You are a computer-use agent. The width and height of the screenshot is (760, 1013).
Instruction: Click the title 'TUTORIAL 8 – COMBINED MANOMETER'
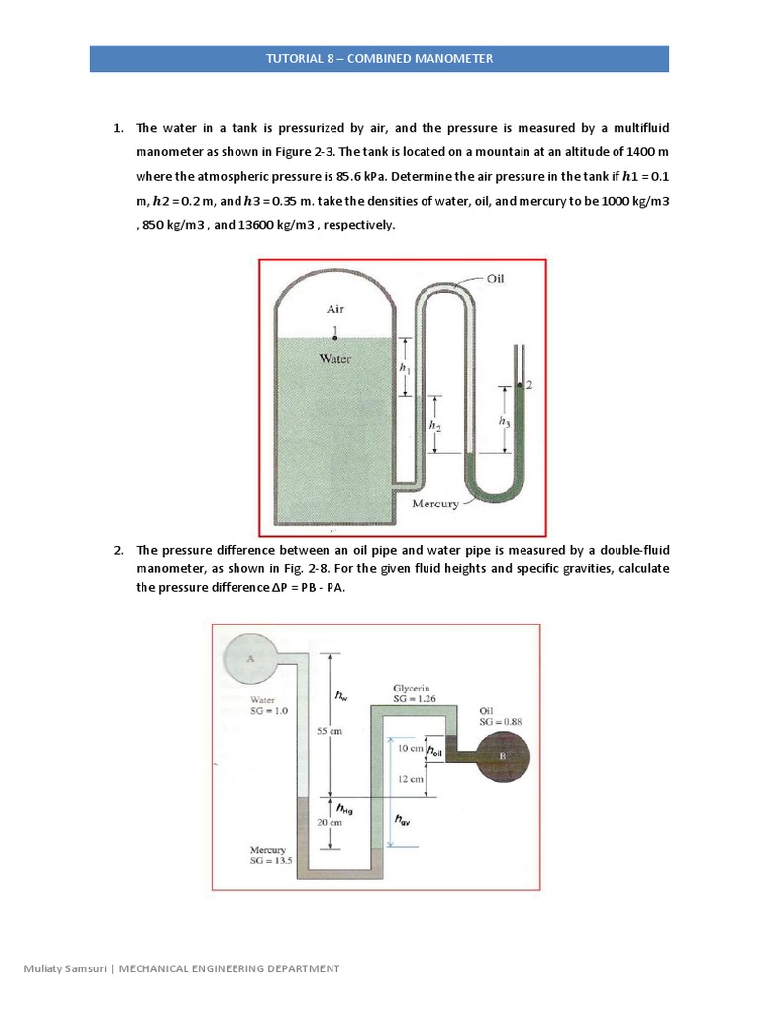tap(379, 58)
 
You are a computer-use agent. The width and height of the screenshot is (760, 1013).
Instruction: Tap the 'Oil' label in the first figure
tap(495, 279)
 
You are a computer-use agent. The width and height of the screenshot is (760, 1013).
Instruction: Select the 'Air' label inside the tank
tap(335, 309)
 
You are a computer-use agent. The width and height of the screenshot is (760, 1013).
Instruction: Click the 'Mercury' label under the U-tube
tap(434, 504)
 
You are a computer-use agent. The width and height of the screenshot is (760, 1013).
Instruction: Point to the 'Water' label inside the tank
tap(335, 359)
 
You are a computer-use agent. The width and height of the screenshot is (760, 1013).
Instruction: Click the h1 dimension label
tap(403, 367)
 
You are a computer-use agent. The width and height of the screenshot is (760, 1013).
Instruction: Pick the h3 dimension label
tap(505, 421)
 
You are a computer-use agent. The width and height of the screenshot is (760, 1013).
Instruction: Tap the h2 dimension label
tap(433, 423)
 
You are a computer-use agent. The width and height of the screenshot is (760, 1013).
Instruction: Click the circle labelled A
tap(250, 657)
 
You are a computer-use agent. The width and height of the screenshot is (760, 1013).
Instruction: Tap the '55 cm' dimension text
tap(330, 731)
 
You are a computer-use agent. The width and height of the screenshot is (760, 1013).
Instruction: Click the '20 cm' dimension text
tap(330, 822)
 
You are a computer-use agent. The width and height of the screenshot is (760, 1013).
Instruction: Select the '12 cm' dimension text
tap(410, 779)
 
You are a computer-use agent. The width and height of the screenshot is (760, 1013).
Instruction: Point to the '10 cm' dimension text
tap(409, 749)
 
